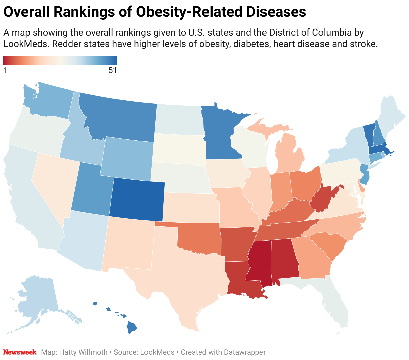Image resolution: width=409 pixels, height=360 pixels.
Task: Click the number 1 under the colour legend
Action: pos(5,70)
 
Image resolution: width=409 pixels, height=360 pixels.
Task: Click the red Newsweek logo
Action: pos(20,352)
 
